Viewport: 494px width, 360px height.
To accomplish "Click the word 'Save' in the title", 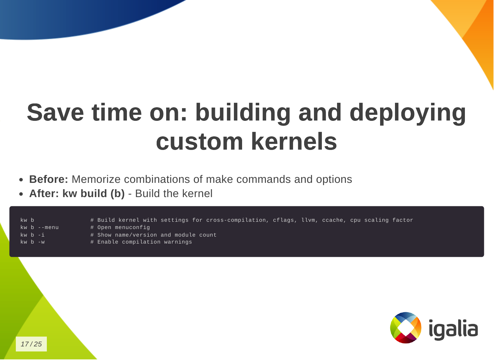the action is [x=55, y=112].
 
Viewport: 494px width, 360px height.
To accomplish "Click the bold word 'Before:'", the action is [x=48, y=179].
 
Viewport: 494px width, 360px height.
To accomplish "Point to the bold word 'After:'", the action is [x=44, y=194].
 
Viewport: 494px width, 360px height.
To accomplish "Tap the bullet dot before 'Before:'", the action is [x=21, y=180].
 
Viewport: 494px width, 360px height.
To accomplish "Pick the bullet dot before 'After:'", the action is [x=21, y=194].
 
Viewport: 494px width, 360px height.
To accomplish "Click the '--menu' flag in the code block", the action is [x=48, y=227].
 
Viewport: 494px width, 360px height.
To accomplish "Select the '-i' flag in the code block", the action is [x=41, y=235].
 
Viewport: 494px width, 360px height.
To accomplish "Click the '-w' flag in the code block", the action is [x=41, y=242].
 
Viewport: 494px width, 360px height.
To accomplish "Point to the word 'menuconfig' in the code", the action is [x=132, y=227].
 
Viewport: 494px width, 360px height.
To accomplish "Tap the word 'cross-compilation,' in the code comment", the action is [x=238, y=220].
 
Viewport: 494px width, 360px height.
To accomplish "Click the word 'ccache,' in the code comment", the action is [x=334, y=220].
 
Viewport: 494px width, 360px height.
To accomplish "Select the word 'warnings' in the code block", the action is [x=178, y=242].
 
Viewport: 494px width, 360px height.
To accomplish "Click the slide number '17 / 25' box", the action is [x=31, y=344].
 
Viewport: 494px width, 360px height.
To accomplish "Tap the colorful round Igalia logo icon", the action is [x=406, y=328].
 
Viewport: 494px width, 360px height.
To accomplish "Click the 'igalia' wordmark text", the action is [x=453, y=329].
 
